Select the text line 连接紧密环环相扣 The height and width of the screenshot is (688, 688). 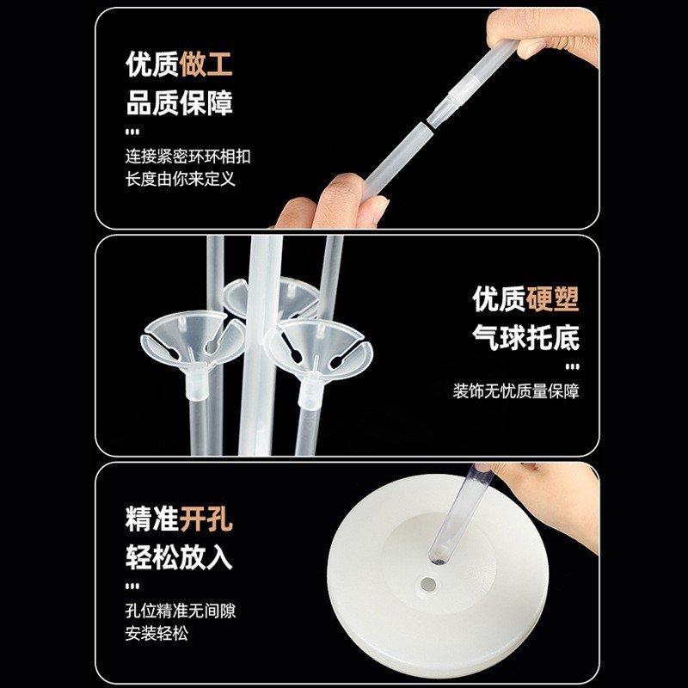pyautogui.click(x=188, y=157)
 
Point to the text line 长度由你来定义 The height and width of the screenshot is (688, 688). pyautogui.click(x=180, y=179)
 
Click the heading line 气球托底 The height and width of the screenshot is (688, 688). pyautogui.click(x=525, y=338)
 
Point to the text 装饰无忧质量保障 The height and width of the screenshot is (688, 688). pyautogui.click(x=516, y=391)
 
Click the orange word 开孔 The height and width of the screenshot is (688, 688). pyautogui.click(x=206, y=519)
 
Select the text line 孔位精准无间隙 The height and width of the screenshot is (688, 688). pyautogui.click(x=180, y=611)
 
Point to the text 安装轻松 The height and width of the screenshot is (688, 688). pyautogui.click(x=157, y=634)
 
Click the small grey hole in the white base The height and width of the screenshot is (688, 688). pyautogui.click(x=429, y=584)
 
